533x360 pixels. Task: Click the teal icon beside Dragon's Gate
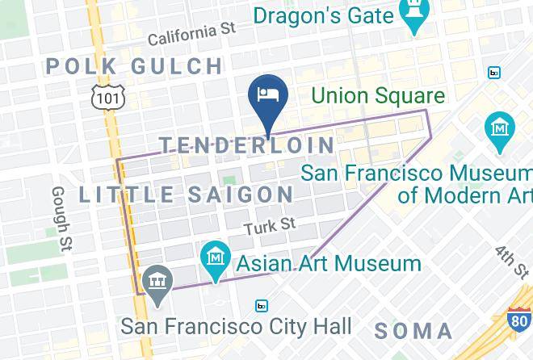415,15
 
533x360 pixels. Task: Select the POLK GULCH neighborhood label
134,66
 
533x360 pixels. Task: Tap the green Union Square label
378,96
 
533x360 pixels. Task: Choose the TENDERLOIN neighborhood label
246,145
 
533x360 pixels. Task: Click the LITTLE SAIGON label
187,195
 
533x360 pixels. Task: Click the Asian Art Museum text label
329,263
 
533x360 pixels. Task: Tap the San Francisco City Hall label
236,326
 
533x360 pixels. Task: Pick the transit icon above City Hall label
261,306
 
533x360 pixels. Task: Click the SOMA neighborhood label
413,329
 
